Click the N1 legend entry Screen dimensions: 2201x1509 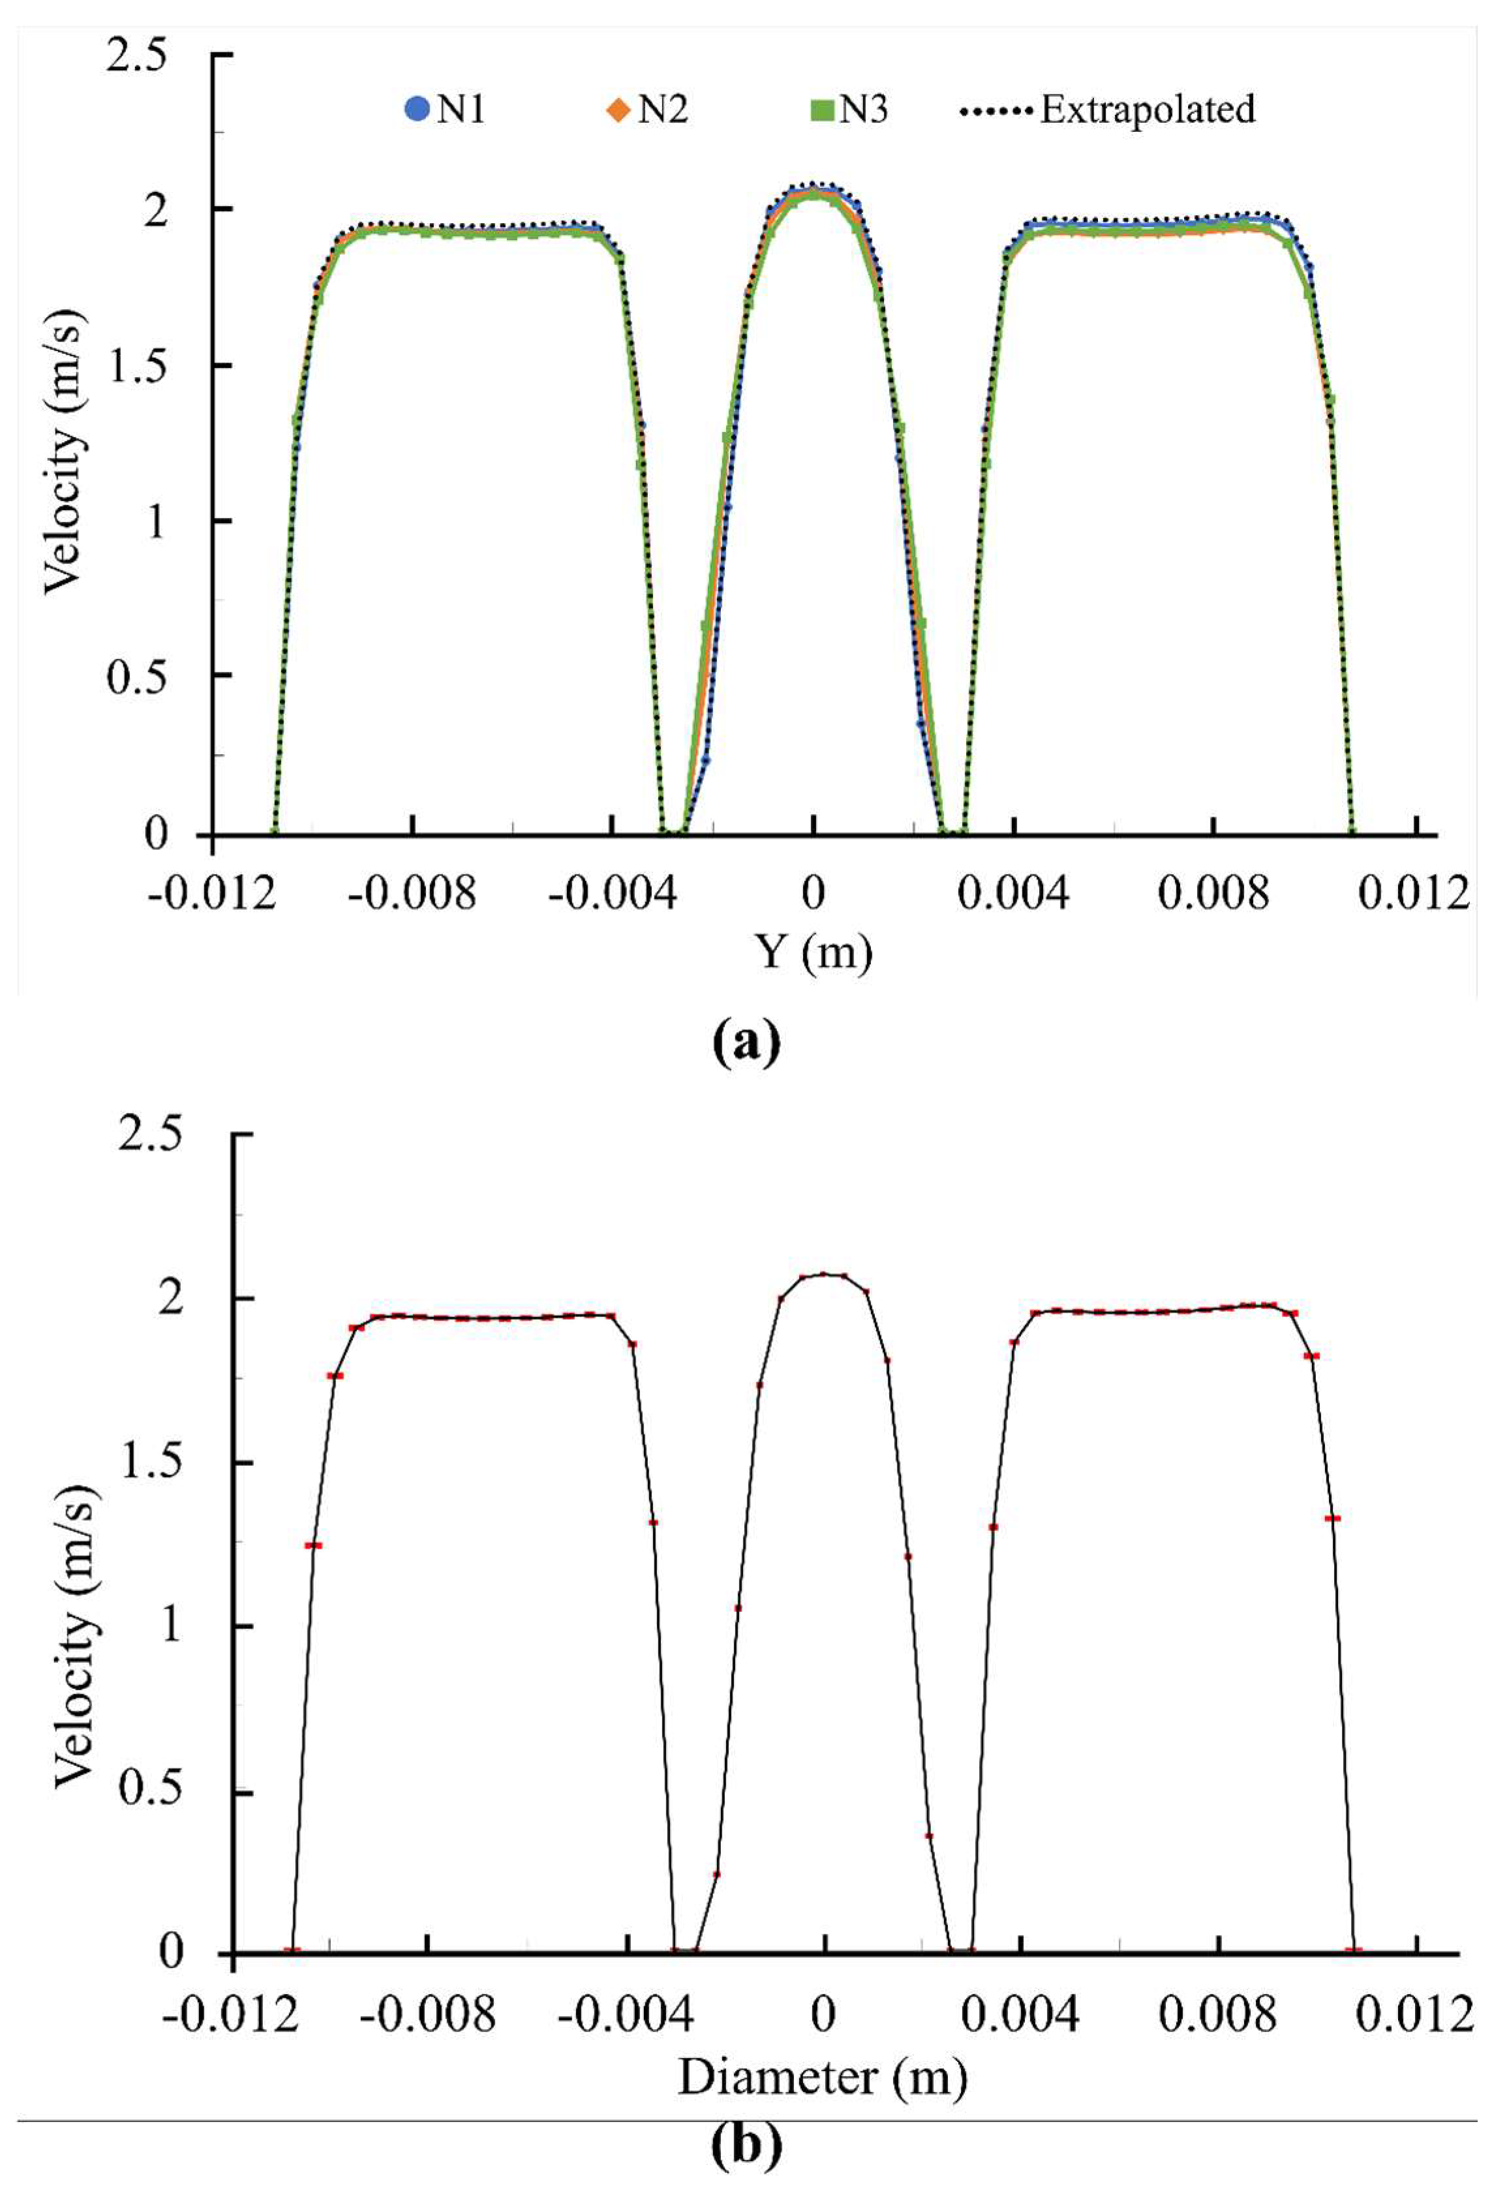click(444, 110)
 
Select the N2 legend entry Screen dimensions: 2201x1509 click(648, 110)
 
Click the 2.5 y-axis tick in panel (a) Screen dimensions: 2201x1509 click(141, 55)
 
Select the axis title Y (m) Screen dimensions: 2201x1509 click(813, 952)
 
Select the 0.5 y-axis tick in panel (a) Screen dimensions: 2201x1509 click(141, 676)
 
